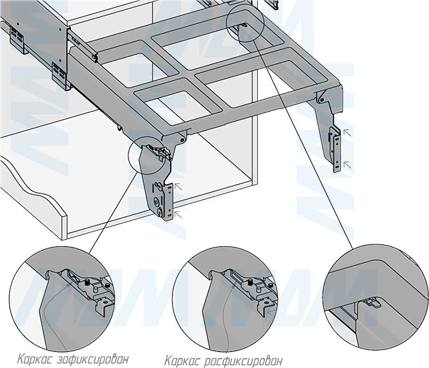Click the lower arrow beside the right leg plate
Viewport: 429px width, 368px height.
[345, 162]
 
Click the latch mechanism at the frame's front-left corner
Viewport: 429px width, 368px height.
[159, 151]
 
